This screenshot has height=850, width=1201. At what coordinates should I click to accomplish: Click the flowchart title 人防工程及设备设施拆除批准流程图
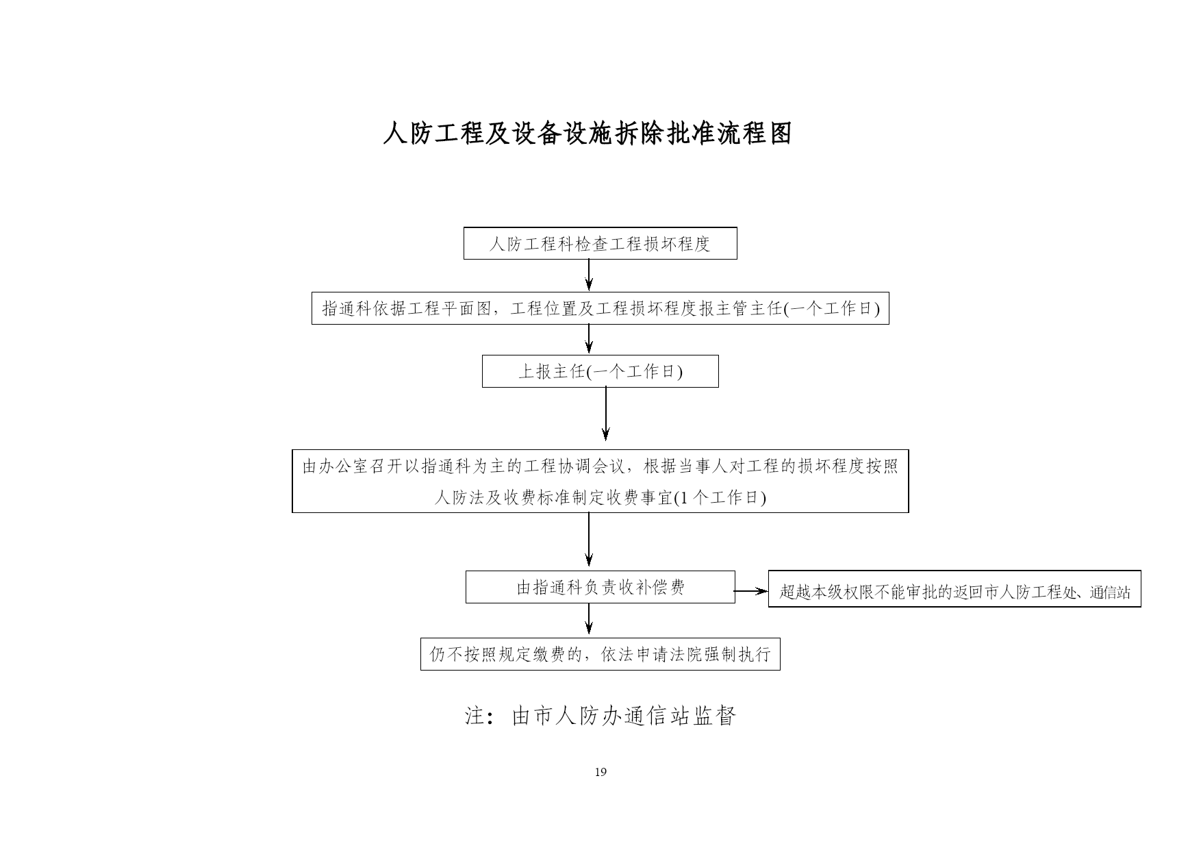(587, 134)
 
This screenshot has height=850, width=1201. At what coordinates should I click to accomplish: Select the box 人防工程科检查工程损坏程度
(600, 243)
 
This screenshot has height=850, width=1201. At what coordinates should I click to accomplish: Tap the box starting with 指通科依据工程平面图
(600, 308)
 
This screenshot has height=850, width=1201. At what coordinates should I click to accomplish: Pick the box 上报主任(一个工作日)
(600, 371)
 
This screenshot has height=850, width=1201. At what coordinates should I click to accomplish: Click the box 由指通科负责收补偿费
(600, 587)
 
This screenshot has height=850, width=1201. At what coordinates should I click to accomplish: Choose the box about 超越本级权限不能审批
(955, 589)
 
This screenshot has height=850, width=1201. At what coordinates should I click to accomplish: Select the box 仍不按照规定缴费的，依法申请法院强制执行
(600, 654)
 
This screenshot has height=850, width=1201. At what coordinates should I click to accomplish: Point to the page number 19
(600, 772)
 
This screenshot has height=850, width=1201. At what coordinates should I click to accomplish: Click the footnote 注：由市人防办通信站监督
(600, 716)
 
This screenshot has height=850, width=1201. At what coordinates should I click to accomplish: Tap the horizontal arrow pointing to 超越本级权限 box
(751, 590)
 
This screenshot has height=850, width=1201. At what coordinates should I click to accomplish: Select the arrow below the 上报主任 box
(605, 414)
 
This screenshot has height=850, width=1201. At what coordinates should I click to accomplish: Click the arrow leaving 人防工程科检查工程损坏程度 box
(589, 275)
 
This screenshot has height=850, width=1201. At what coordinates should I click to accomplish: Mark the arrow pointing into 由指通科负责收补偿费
(589, 540)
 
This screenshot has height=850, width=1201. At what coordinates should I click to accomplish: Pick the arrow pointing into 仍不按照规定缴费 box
(589, 619)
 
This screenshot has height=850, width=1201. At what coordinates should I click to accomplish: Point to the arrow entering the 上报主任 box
(589, 339)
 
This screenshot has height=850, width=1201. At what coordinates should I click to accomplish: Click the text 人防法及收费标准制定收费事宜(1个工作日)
(600, 498)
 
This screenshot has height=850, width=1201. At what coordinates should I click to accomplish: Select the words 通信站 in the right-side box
(1110, 592)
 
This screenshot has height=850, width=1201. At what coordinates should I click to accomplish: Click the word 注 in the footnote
(475, 716)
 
